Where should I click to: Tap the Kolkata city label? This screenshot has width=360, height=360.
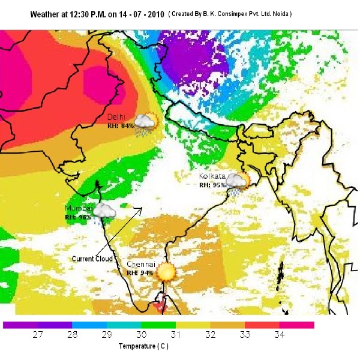[212, 176]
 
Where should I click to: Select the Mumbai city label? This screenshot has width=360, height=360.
[78, 208]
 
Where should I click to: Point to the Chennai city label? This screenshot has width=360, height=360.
[141, 264]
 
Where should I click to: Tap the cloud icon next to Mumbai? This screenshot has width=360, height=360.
[104, 211]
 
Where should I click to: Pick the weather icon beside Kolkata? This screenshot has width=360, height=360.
[236, 182]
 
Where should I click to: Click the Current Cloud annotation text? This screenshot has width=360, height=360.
[92, 259]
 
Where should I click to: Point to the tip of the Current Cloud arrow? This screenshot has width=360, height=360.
[142, 208]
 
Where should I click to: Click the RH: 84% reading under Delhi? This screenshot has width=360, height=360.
[119, 126]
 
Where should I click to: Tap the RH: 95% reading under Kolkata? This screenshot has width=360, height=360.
[212, 185]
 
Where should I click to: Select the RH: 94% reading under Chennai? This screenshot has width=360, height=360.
[140, 272]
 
